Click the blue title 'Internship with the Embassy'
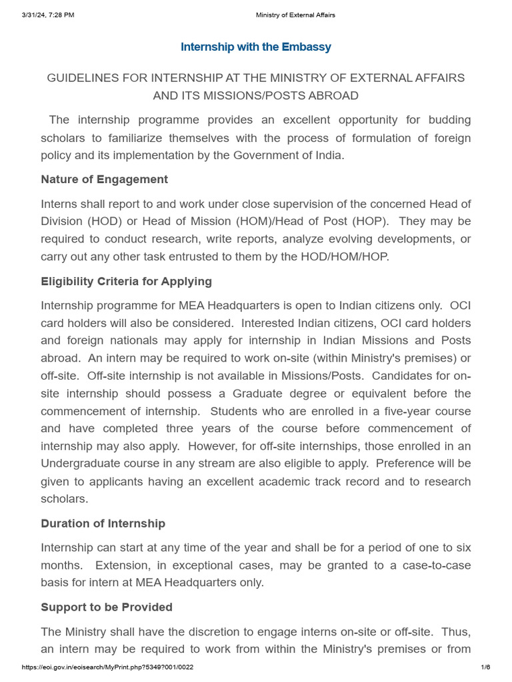256,47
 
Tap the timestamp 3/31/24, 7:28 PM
47,15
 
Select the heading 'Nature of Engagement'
104,179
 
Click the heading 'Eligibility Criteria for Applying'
126,281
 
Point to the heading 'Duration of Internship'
103,523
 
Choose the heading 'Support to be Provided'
106,607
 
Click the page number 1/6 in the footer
485,667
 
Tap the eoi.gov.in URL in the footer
107,667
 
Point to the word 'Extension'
124,565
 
